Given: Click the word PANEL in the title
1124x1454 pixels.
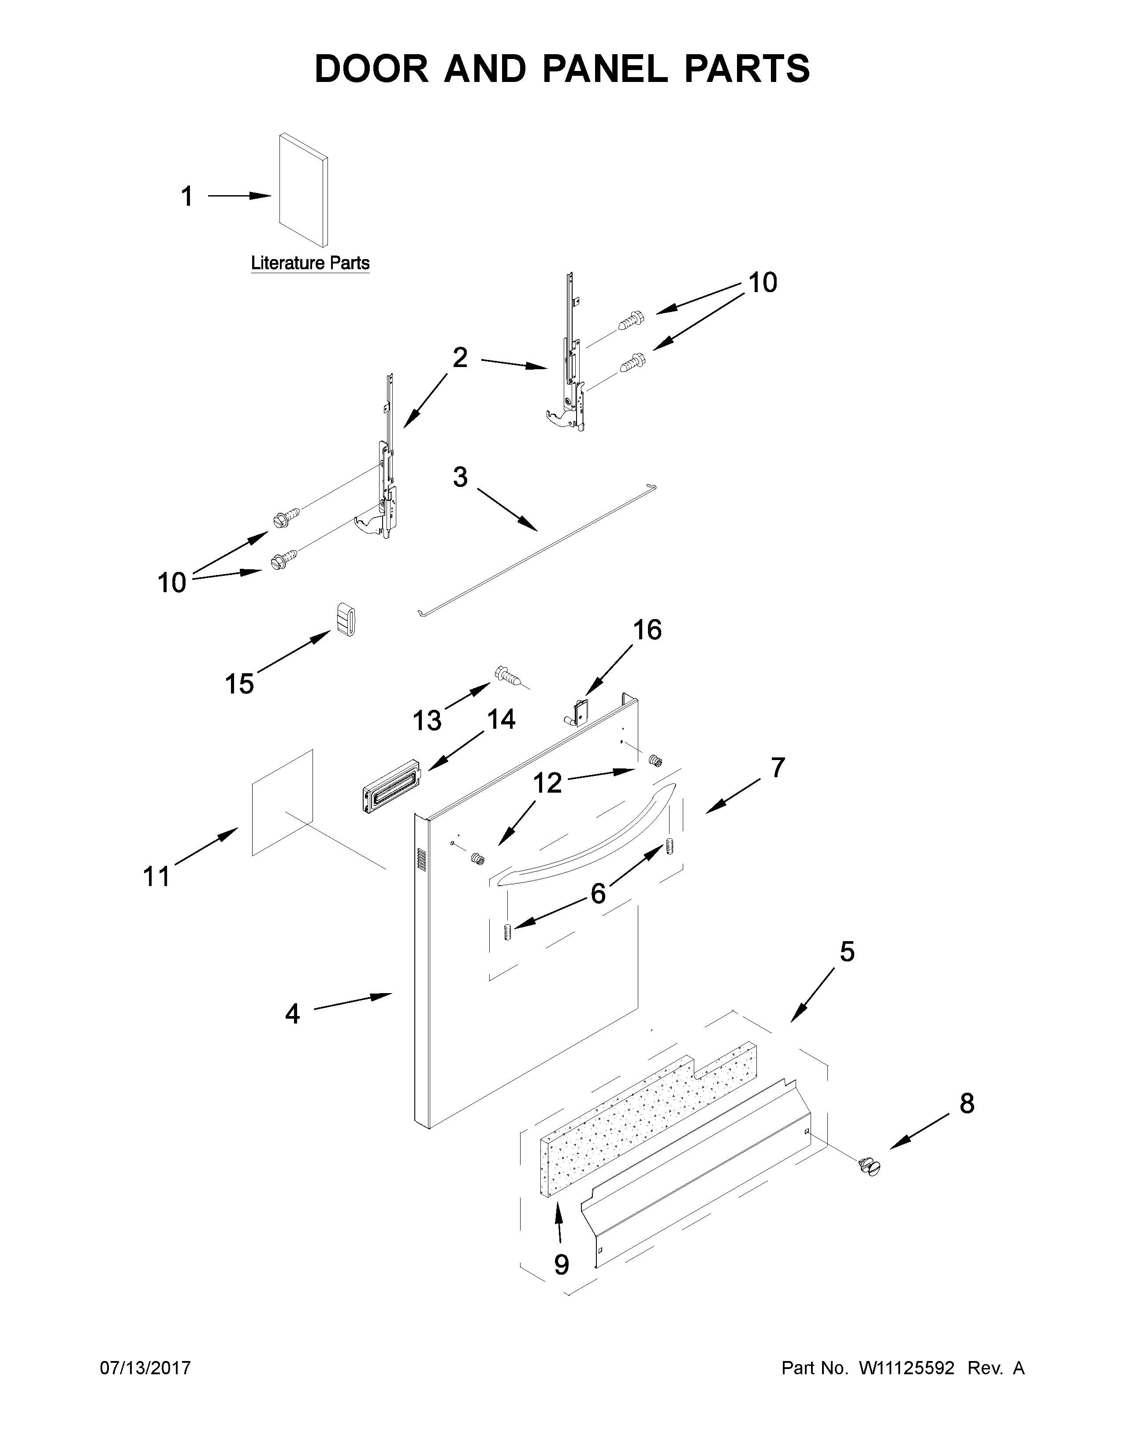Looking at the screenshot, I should (605, 69).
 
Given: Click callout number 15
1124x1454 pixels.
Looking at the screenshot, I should (239, 684).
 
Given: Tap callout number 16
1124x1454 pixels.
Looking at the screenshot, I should (647, 630).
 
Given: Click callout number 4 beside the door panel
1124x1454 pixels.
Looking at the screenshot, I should (292, 1014).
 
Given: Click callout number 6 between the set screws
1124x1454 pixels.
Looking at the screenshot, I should (598, 894).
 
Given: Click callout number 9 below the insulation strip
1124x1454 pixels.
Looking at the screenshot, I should (561, 1264).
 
